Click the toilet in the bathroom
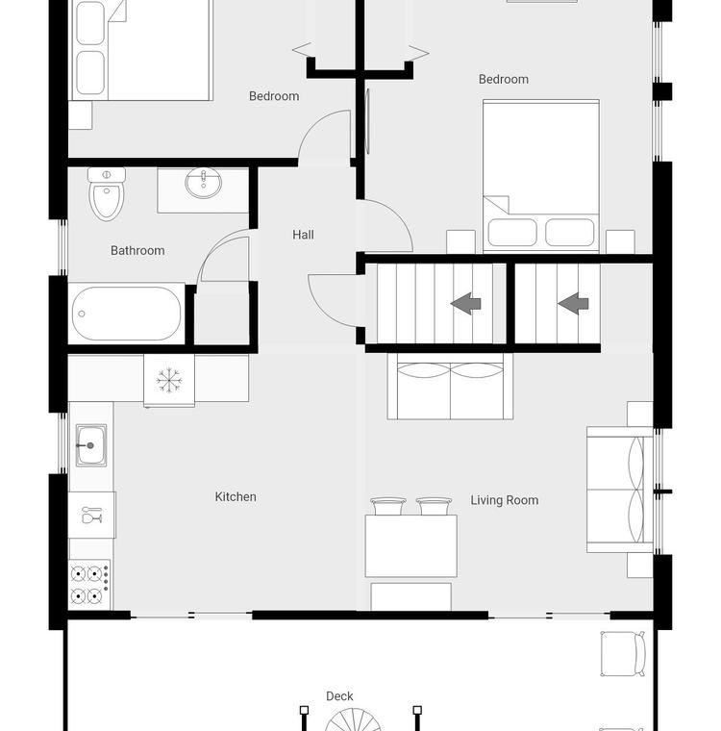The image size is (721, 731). [x=107, y=193]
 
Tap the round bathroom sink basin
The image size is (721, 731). [x=203, y=183]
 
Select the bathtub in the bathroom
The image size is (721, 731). [x=127, y=314]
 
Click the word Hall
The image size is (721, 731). [x=303, y=235]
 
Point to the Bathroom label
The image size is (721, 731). [x=137, y=251]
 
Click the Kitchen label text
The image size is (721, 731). [x=236, y=497]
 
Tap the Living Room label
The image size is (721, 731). [x=505, y=500]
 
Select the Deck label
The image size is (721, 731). [x=339, y=696]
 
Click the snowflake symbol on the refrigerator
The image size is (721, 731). [x=169, y=380]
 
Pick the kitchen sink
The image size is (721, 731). [x=91, y=445]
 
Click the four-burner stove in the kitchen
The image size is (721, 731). [x=90, y=585]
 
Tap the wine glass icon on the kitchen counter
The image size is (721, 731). [x=92, y=516]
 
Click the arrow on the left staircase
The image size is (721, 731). [x=465, y=304]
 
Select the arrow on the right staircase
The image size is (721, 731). [x=573, y=304]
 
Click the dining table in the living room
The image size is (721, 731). [x=410, y=546]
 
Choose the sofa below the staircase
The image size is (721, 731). [x=450, y=386]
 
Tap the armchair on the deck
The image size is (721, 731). [x=623, y=654]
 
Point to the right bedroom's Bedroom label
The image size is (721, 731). [x=504, y=79]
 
